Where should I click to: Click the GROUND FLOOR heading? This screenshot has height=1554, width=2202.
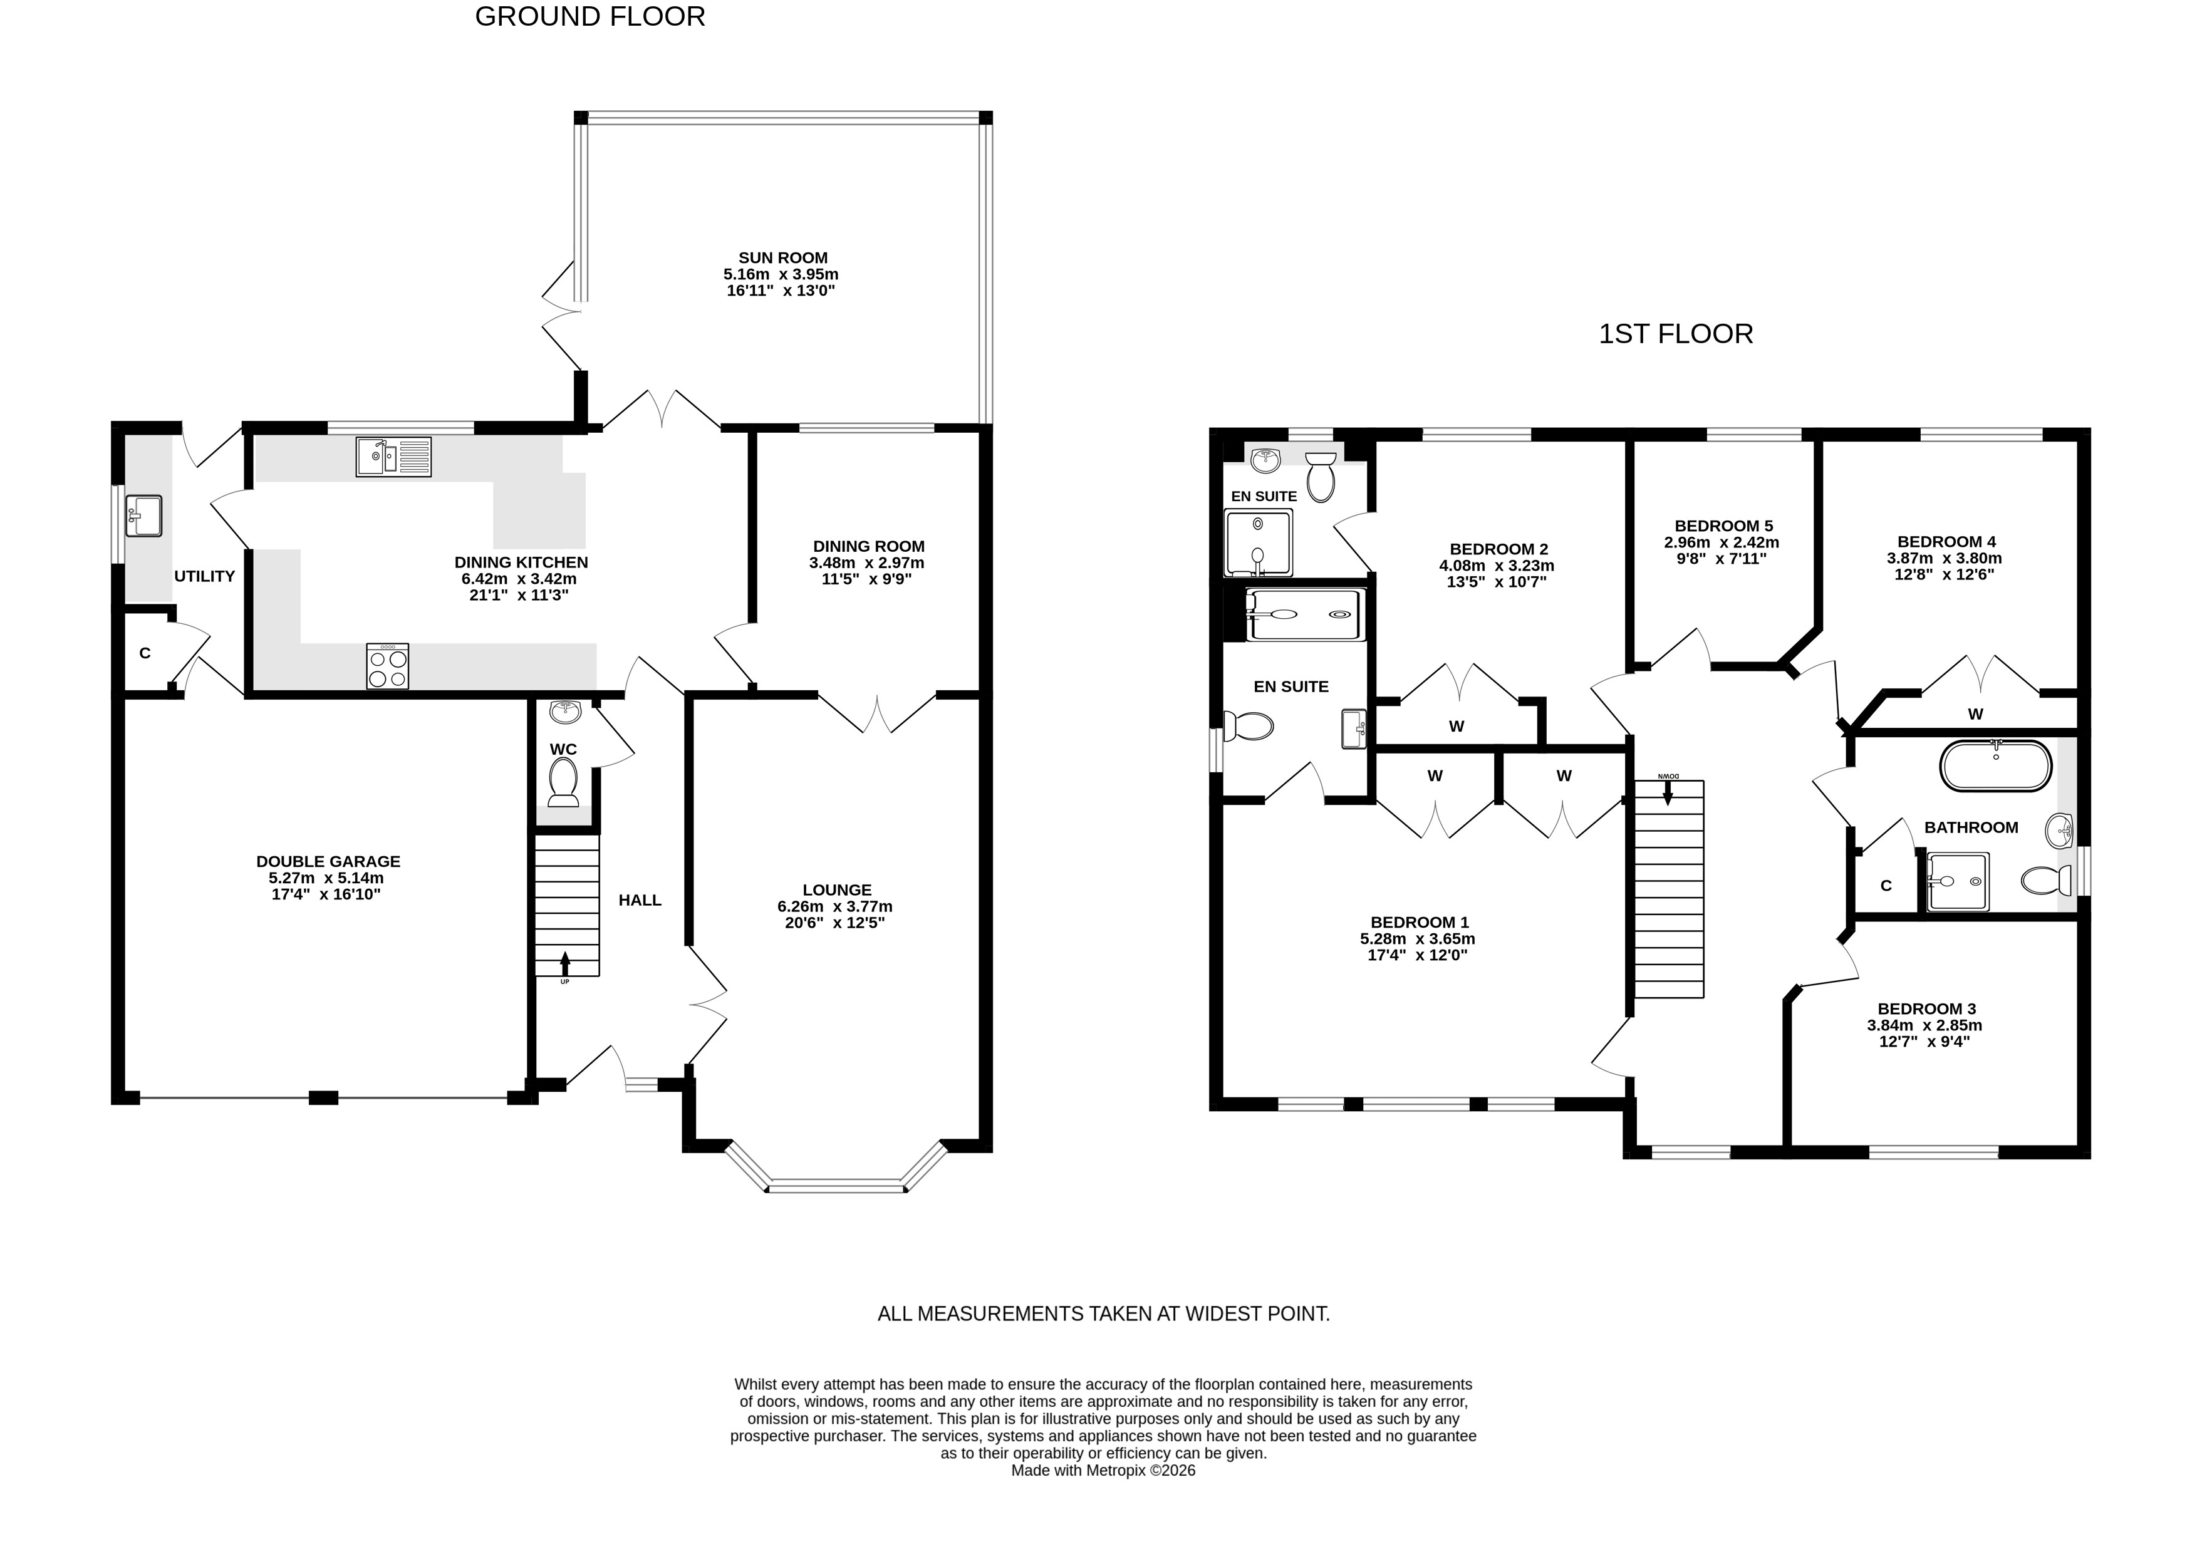590,16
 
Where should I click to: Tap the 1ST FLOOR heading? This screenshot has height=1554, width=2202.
1676,334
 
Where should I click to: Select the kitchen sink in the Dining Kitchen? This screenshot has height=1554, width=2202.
394,457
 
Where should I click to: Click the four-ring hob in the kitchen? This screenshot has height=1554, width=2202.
387,665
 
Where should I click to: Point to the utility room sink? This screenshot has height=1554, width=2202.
143,515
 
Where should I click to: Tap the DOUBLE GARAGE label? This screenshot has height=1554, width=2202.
328,861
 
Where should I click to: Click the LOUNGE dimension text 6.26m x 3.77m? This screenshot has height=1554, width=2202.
834,906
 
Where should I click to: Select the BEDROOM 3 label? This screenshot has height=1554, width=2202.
1927,1008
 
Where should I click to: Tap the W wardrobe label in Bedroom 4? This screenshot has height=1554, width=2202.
1976,713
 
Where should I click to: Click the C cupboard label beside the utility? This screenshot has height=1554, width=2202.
145,653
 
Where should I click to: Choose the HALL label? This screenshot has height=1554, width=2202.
640,899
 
